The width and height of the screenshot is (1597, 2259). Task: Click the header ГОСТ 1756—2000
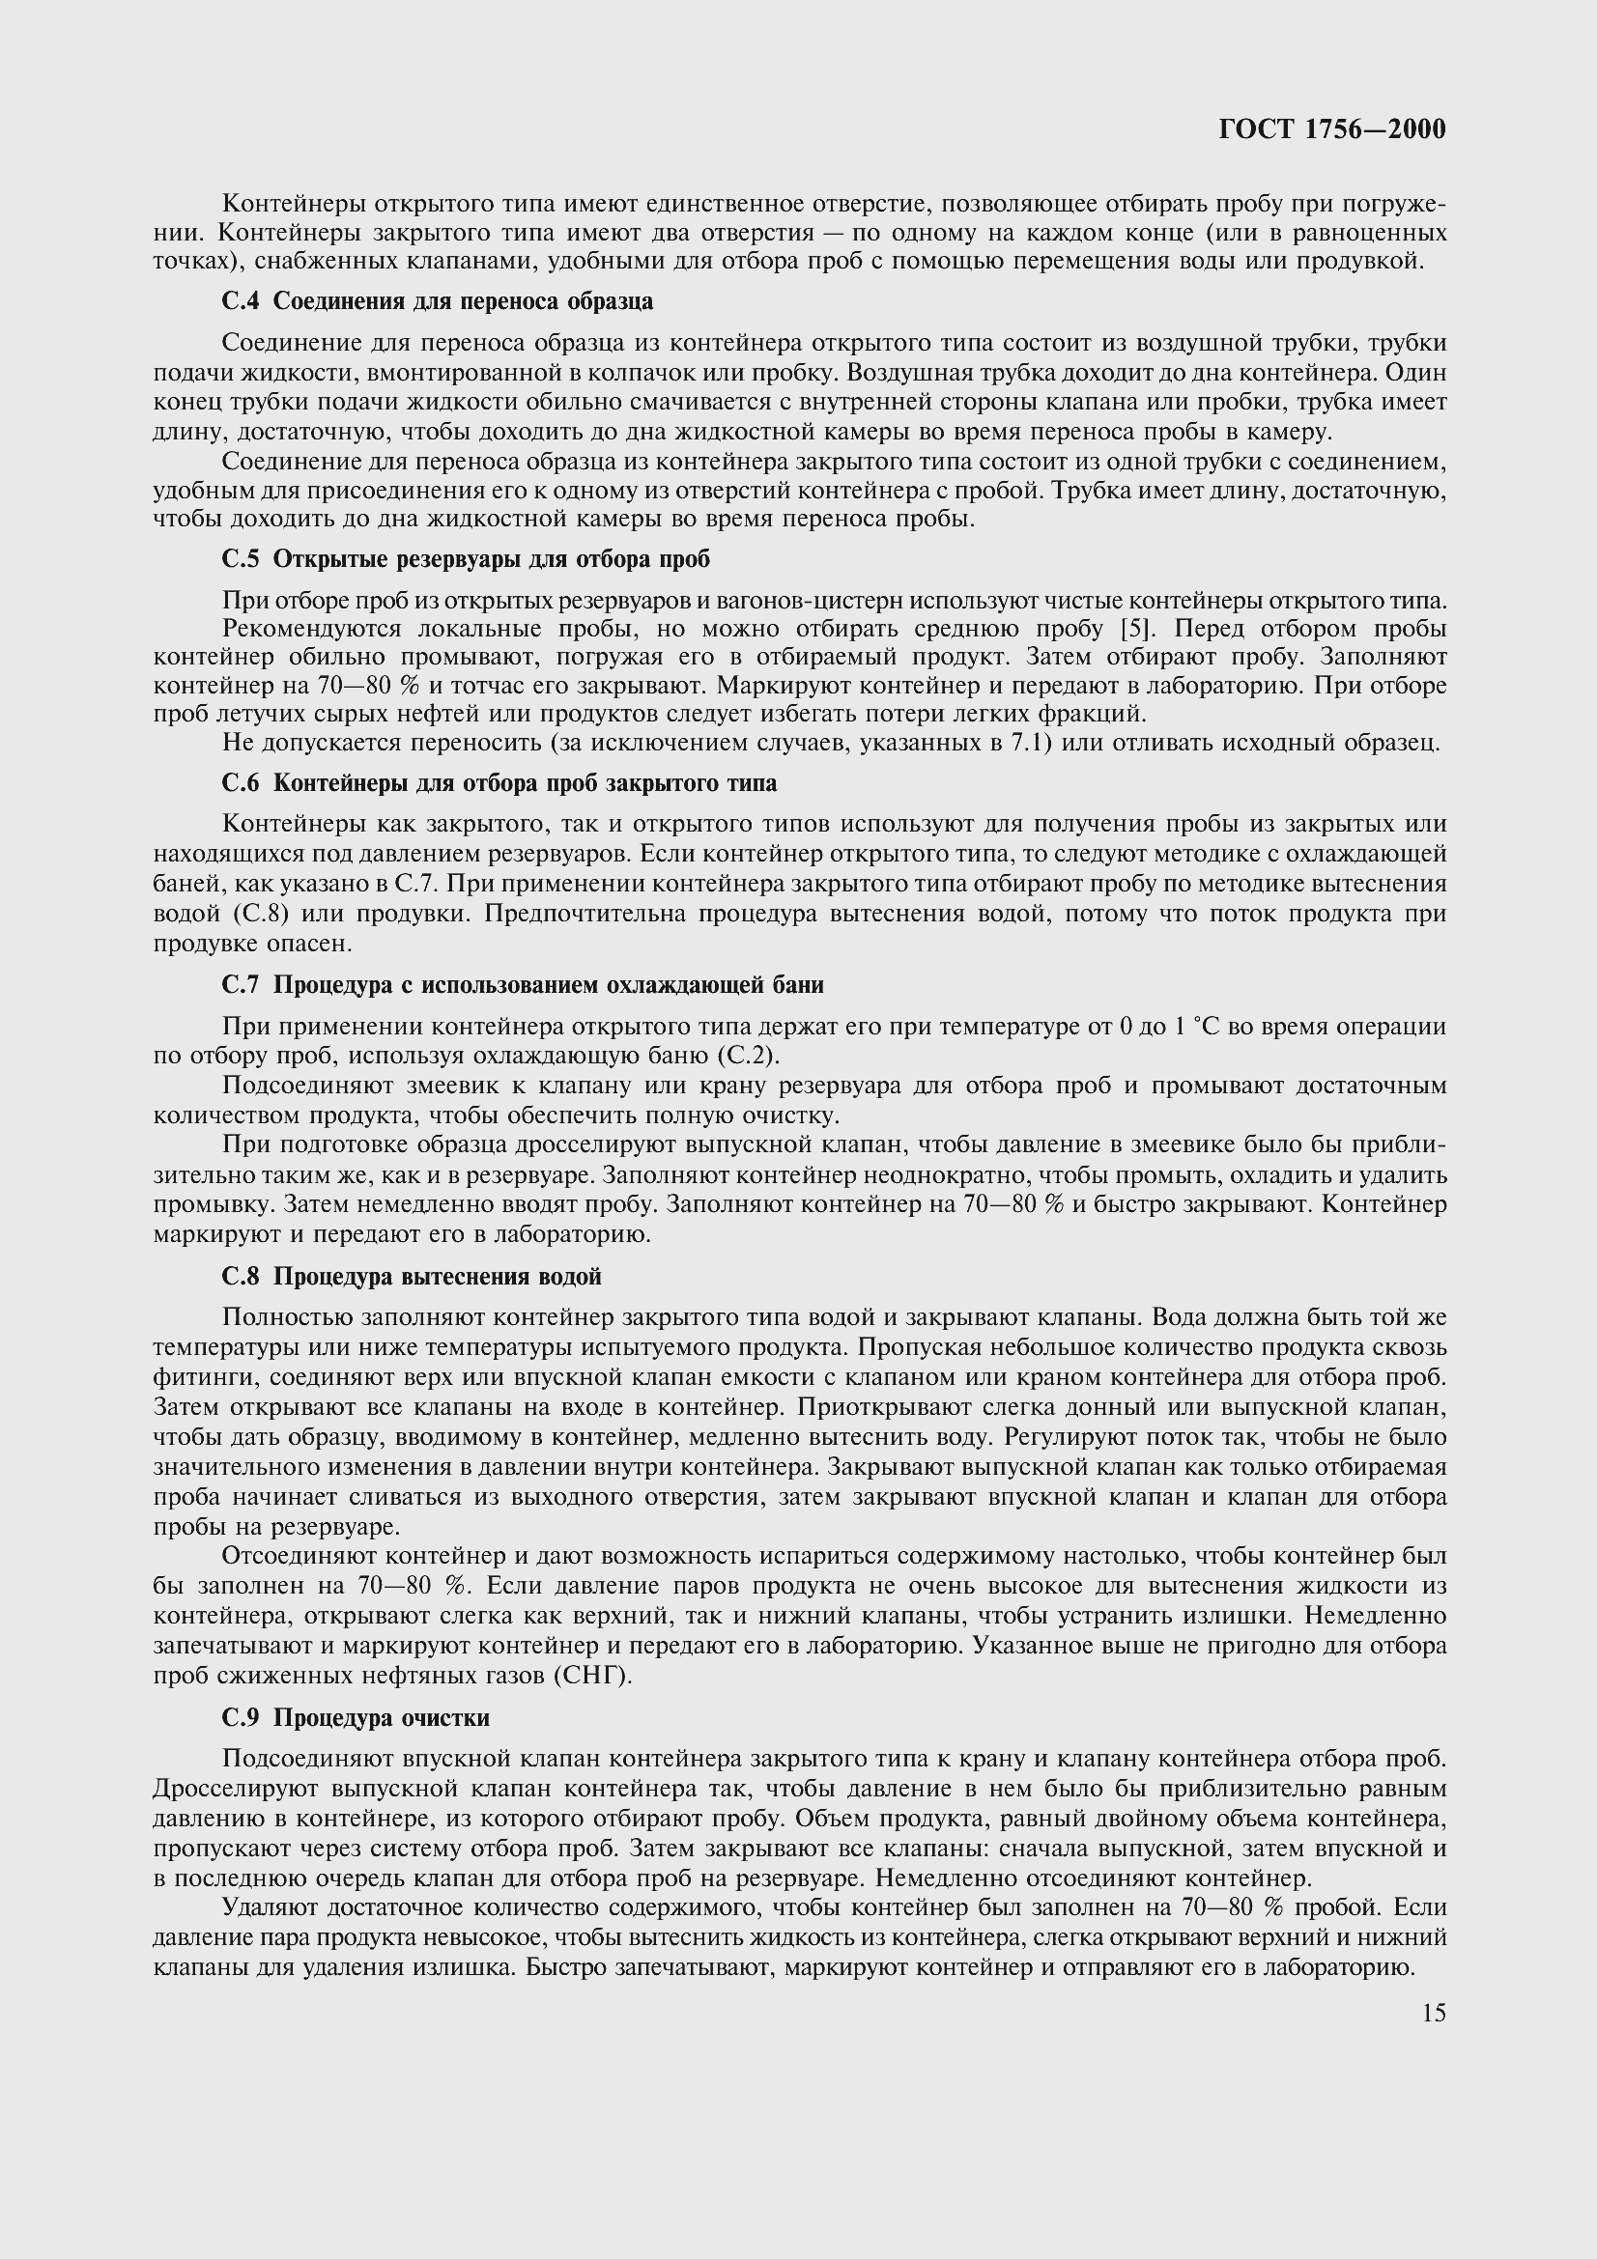[1331, 129]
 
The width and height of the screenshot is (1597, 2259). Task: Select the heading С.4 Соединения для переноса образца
[438, 301]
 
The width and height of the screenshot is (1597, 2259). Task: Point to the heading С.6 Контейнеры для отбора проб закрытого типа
[499, 783]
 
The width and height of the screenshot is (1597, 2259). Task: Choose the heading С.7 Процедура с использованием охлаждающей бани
[523, 985]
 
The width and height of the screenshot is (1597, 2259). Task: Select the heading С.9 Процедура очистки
[356, 1718]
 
